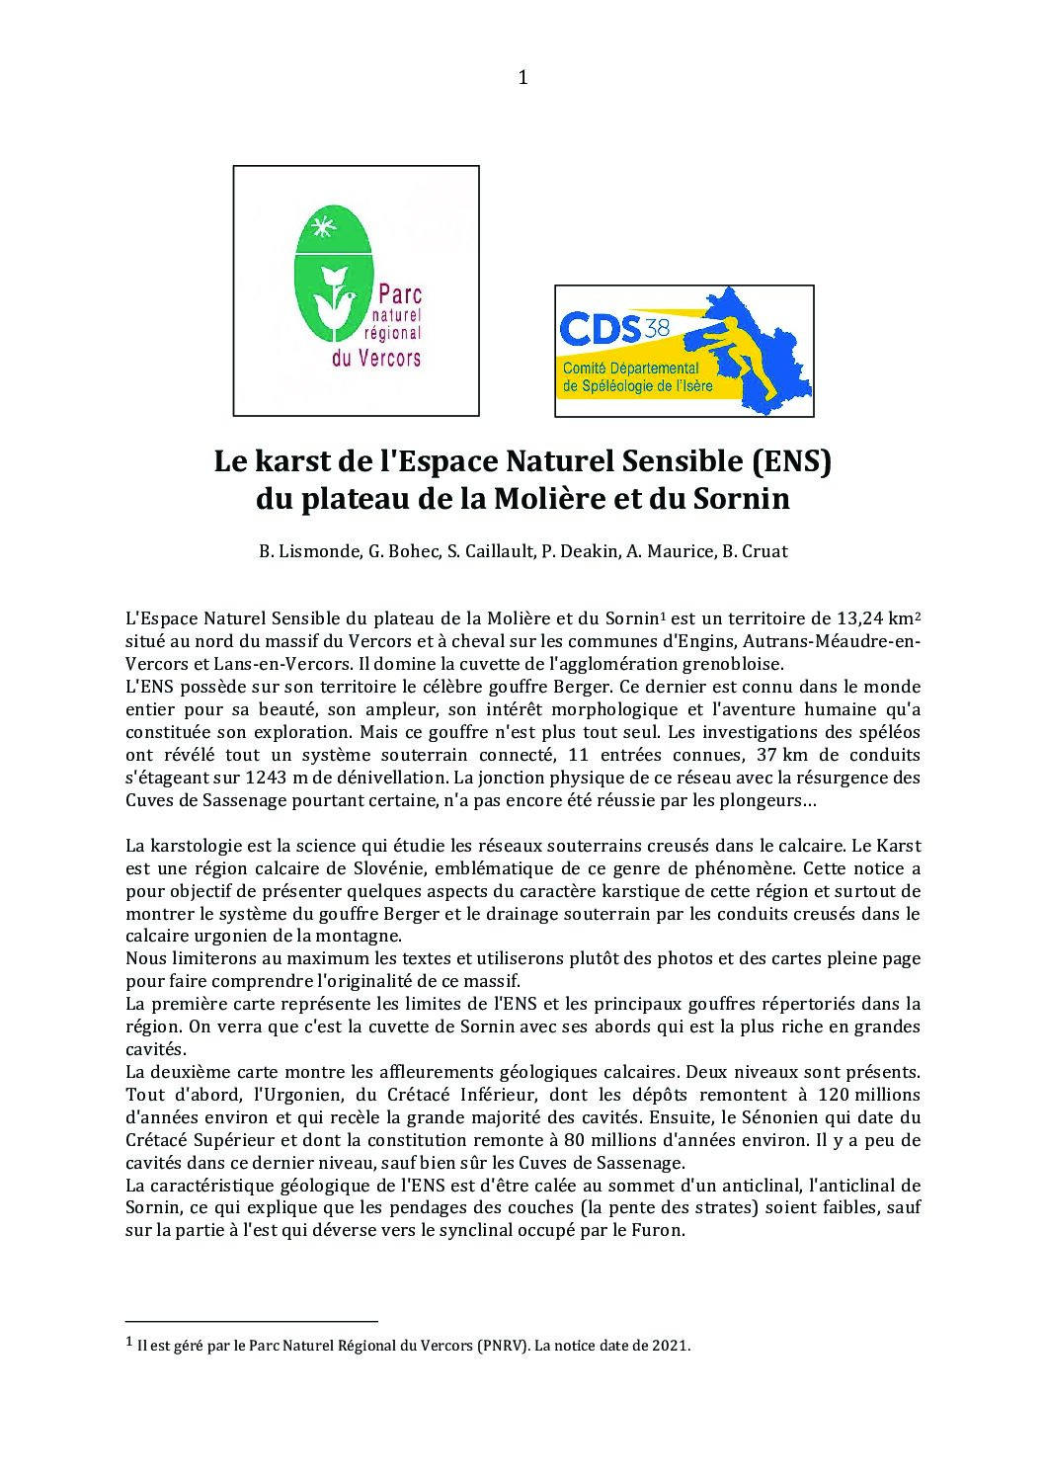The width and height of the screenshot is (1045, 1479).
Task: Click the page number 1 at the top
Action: pyautogui.click(x=522, y=78)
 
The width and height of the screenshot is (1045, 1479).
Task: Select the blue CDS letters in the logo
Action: pyautogui.click(x=601, y=328)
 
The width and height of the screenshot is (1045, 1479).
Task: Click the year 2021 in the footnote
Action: pyautogui.click(x=670, y=1346)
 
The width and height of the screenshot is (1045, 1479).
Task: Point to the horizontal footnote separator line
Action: pyautogui.click(x=252, y=1321)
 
